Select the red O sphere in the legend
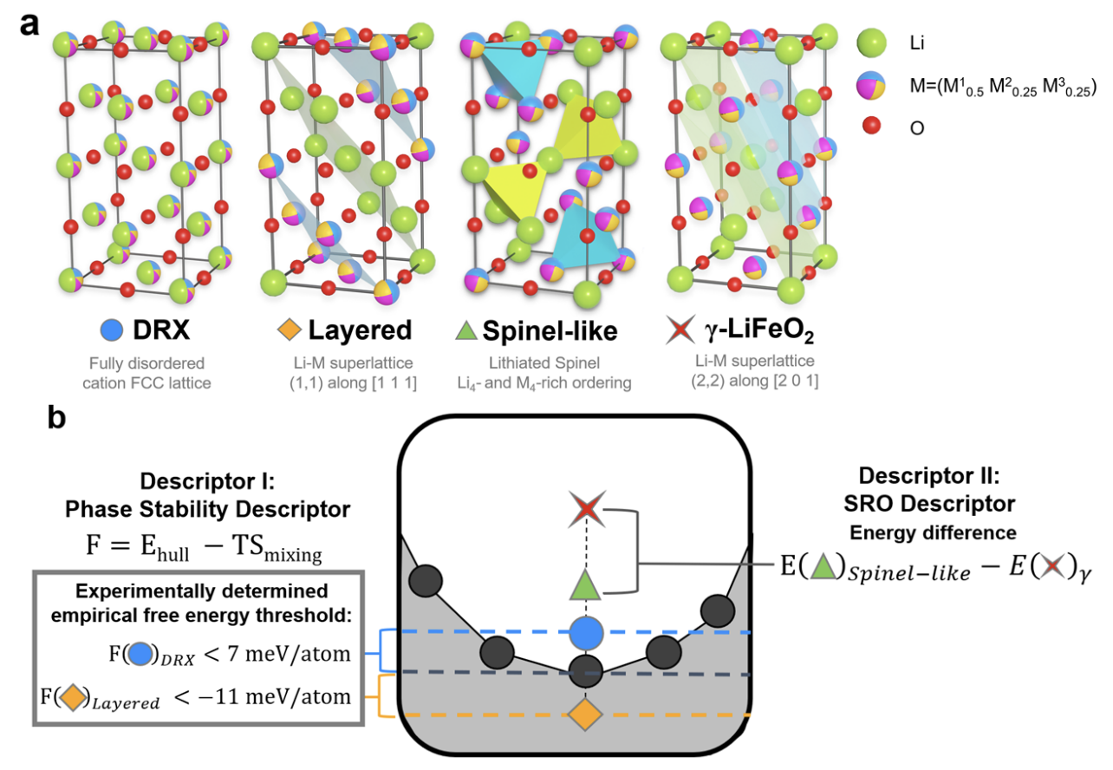(871, 127)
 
